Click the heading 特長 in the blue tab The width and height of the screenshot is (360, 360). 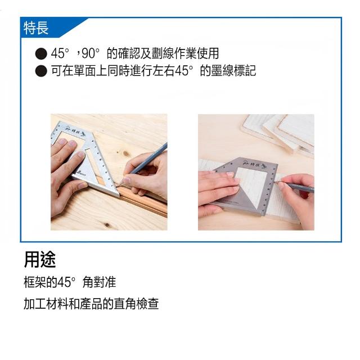pyautogui.click(x=36, y=28)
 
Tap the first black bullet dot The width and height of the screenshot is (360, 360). pyautogui.click(x=41, y=54)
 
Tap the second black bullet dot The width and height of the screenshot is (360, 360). pyautogui.click(x=41, y=71)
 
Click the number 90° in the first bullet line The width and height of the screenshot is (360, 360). pyautogui.click(x=91, y=53)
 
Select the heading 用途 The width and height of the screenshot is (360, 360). pyautogui.click(x=40, y=260)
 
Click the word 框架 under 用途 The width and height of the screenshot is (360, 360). pyautogui.click(x=35, y=282)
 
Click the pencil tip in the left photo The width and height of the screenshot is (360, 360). pyautogui.click(x=119, y=184)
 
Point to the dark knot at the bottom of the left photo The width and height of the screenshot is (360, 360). pyautogui.click(x=107, y=224)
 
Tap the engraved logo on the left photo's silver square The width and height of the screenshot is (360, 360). pyautogui.click(x=75, y=130)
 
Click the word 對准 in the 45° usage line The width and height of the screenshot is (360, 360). pyautogui.click(x=105, y=282)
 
